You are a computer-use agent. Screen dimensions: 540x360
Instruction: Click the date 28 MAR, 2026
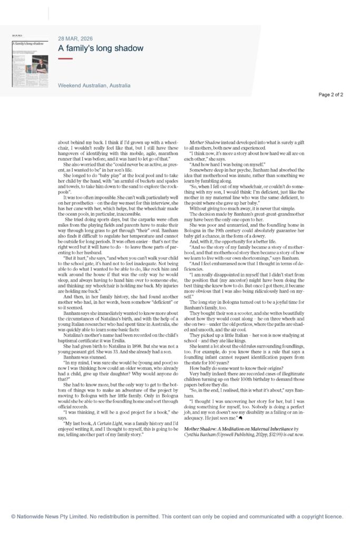click(75, 38)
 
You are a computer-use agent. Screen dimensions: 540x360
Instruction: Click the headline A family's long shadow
click(101, 49)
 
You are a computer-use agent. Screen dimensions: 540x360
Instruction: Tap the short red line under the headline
click(65, 59)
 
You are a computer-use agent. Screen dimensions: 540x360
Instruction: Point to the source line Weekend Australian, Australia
click(94, 85)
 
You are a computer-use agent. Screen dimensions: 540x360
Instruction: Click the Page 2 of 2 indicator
click(330, 95)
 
